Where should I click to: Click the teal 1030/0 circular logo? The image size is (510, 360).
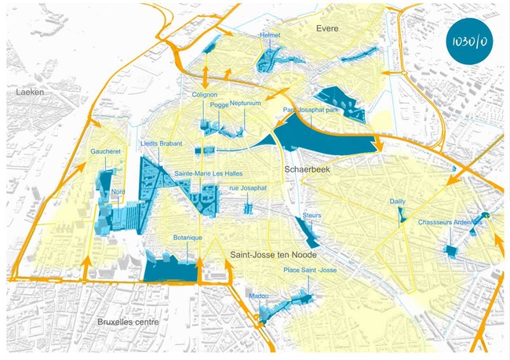468,45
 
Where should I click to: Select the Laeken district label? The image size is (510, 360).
30,92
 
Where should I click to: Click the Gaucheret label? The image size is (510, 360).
105,151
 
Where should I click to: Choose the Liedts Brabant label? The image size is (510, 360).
161,144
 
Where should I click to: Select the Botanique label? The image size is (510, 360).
188,237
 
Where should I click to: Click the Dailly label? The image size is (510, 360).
398,202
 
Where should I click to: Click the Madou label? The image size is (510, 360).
258,296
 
